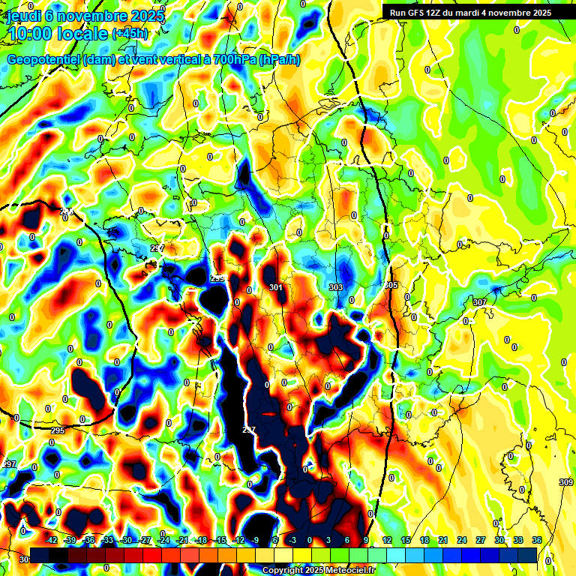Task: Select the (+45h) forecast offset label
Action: [x=129, y=34]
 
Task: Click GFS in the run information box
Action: [x=419, y=12]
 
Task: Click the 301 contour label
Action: [x=276, y=287]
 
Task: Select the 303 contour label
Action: [x=335, y=287]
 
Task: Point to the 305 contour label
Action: [x=391, y=286]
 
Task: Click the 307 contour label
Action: [x=479, y=302]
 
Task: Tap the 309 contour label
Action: [x=566, y=481]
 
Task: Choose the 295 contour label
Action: [x=58, y=430]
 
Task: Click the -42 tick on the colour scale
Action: [x=52, y=540]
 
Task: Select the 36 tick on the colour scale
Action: [x=537, y=540]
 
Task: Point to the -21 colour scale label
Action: [x=183, y=540]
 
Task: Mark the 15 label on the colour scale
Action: [x=406, y=540]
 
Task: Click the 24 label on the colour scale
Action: [x=462, y=540]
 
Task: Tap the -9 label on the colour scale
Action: [x=256, y=540]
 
